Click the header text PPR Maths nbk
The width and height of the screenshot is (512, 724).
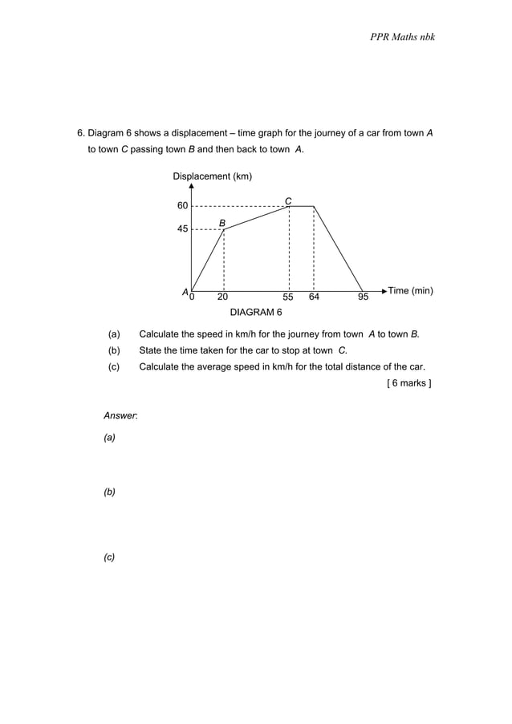402,37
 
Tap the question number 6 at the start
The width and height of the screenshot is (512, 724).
80,133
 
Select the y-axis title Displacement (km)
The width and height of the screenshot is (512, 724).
213,176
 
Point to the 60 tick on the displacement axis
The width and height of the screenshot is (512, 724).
182,206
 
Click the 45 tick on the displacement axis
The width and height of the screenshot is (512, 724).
182,229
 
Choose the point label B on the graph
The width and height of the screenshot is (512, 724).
222,221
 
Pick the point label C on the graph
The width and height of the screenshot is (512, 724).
288,200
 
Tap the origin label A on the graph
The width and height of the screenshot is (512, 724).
184,293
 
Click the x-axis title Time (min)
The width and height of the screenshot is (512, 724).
410,290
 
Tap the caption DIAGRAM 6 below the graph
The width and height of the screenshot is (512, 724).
256,312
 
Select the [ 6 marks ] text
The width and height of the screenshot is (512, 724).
408,383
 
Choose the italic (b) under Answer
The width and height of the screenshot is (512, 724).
109,491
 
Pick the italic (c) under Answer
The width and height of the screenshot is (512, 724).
109,557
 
